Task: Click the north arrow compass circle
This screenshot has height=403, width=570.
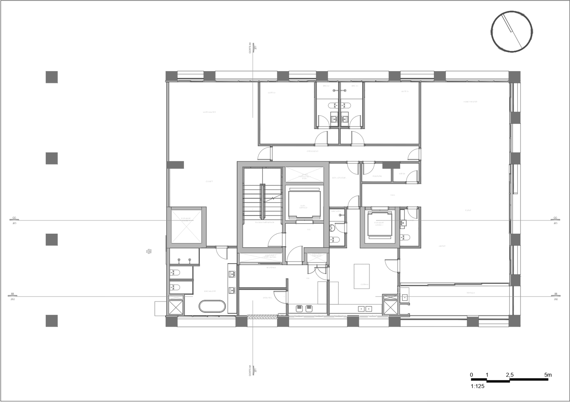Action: [512, 31]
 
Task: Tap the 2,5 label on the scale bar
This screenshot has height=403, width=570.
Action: [510, 375]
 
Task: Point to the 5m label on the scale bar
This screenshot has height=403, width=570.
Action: [547, 375]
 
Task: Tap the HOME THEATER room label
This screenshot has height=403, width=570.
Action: [470, 102]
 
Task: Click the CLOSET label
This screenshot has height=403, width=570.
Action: [209, 181]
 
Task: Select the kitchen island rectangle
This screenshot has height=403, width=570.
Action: [362, 276]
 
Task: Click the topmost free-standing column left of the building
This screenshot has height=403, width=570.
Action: [52, 77]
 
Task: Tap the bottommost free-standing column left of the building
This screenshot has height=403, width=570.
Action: [52, 321]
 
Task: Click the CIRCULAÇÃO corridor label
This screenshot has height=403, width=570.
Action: [313, 152]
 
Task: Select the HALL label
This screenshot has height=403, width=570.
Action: [392, 195]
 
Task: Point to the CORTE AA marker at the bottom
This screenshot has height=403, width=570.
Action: [250, 369]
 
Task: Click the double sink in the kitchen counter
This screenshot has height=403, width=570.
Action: [365, 309]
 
